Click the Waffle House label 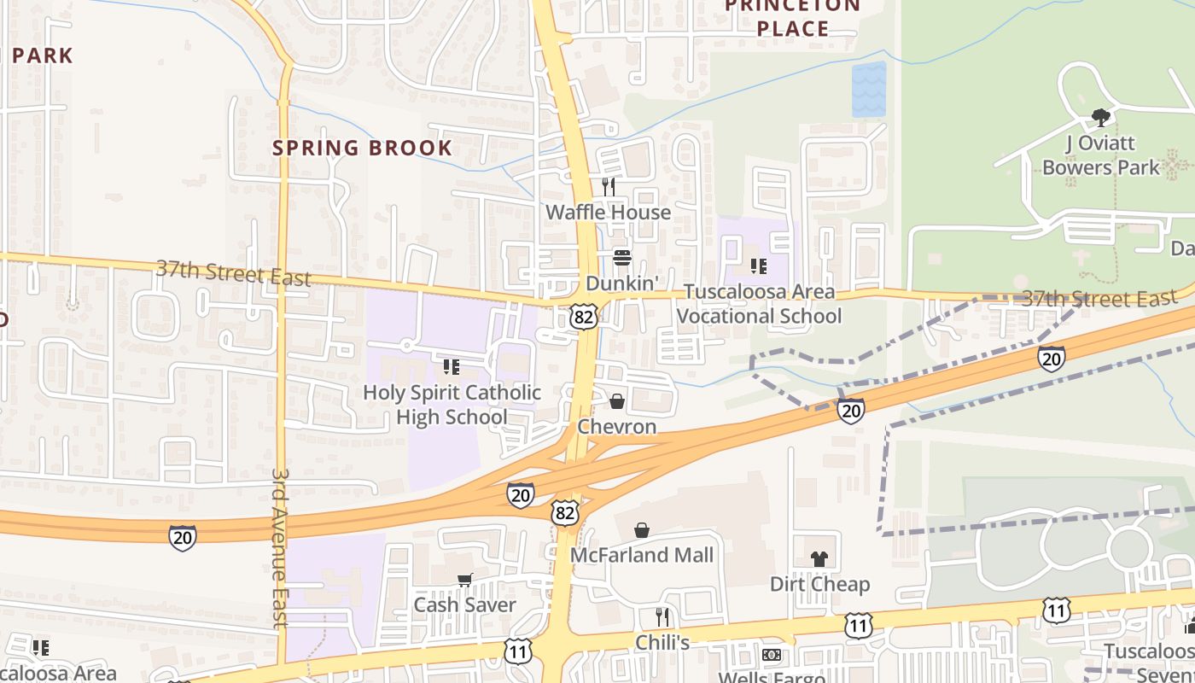point(608,212)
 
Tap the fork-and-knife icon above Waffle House point(609,186)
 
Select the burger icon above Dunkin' point(622,258)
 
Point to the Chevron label point(617,426)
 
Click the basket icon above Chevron point(617,400)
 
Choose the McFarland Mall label point(642,555)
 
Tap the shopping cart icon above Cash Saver point(465,581)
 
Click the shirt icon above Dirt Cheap point(819,559)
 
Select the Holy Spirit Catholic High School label point(452,405)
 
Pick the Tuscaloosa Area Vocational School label point(759,304)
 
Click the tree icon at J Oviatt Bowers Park point(1101,117)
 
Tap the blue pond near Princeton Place point(869,89)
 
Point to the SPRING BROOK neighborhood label point(362,148)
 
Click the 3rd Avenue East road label point(280,546)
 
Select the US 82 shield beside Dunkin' point(584,317)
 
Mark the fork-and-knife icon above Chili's point(662,616)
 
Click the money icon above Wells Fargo point(772,655)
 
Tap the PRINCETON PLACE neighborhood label point(793,17)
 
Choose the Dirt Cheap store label point(819,585)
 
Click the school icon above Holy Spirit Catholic point(452,367)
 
